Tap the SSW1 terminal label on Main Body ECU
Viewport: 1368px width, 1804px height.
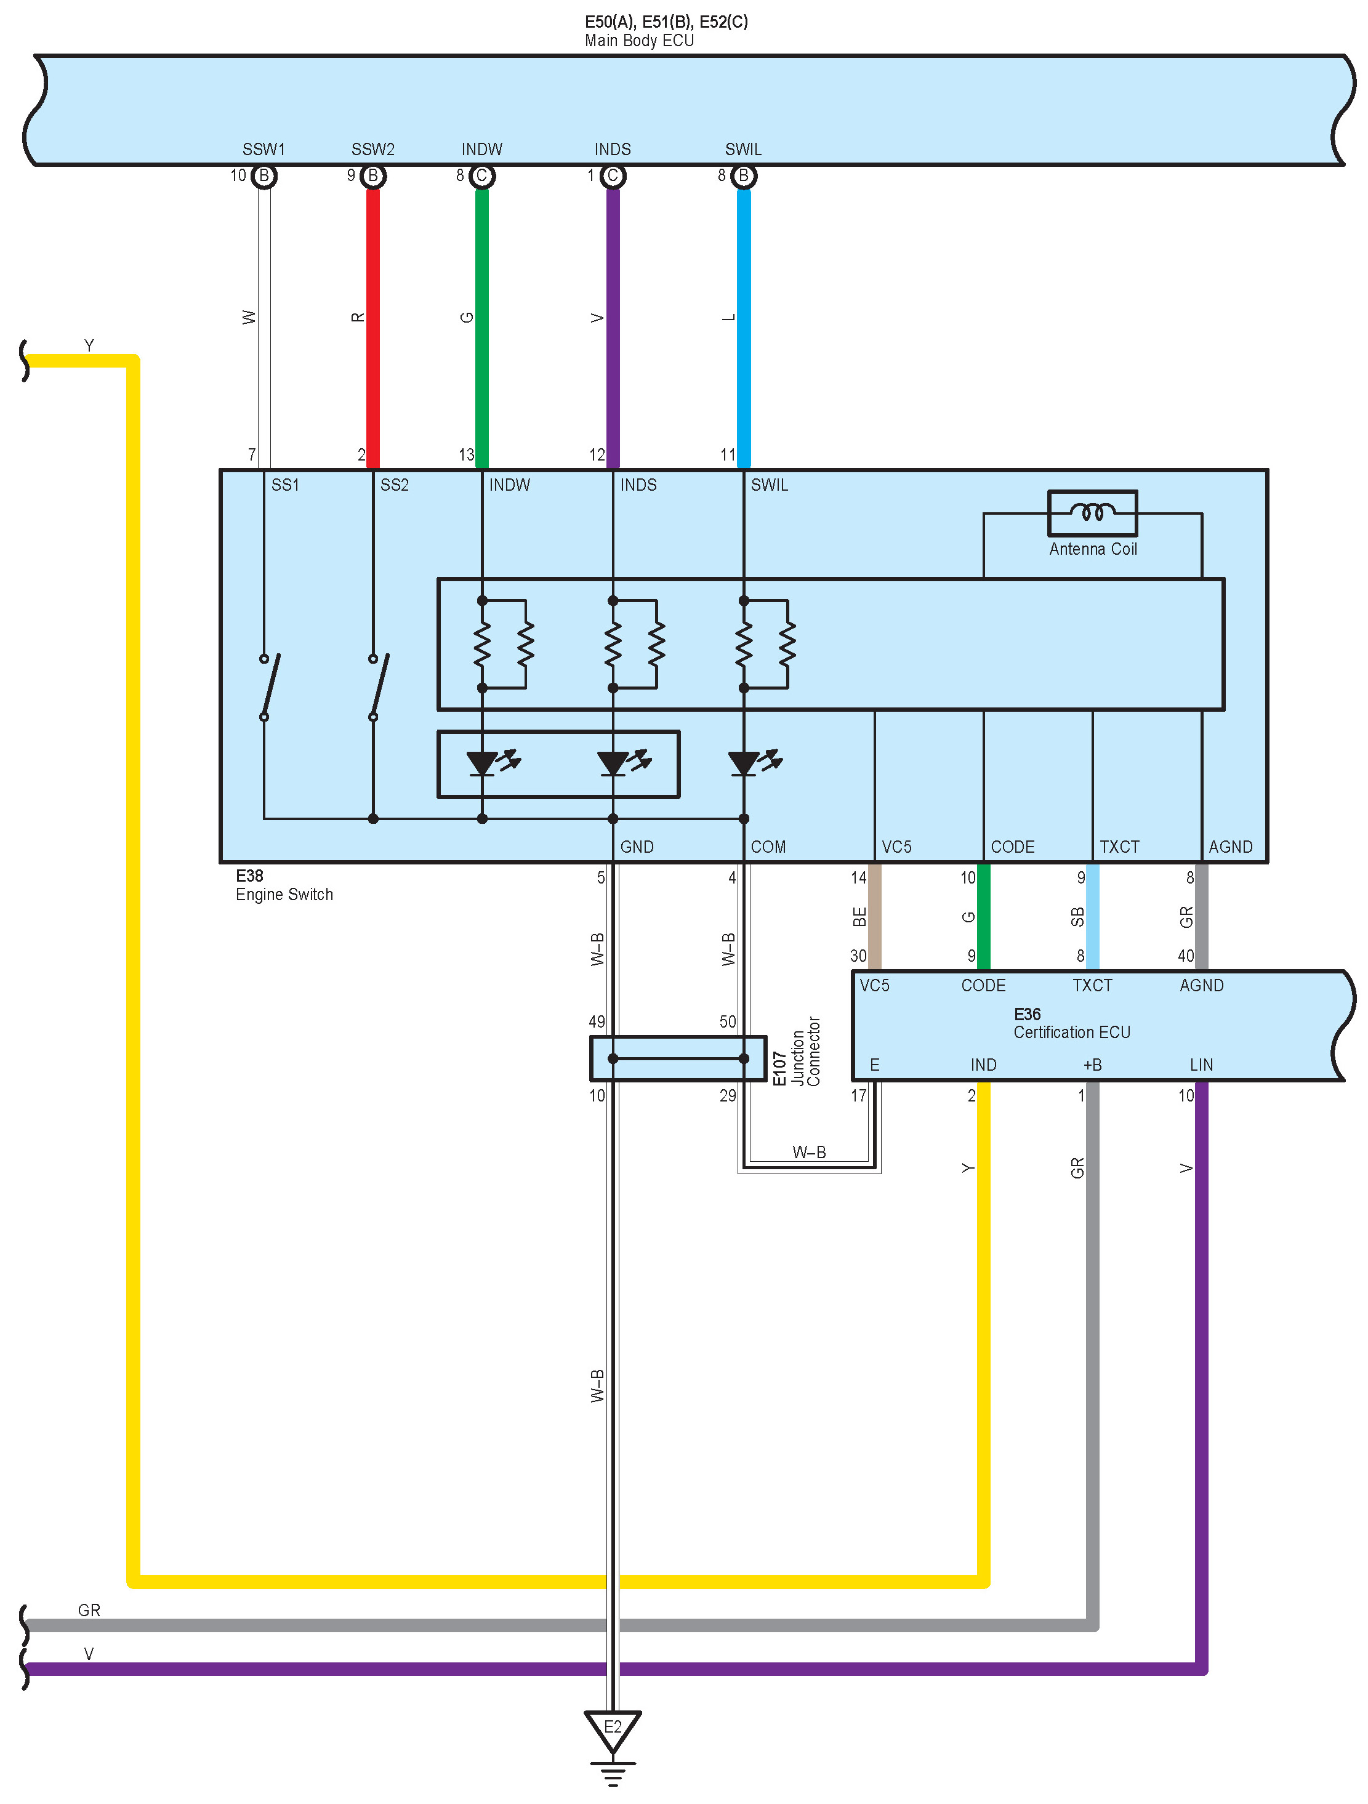[264, 149]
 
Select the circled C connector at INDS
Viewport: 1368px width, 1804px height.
[613, 176]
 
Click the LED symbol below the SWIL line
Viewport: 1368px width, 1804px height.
[744, 763]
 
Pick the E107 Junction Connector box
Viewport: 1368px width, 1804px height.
[677, 1058]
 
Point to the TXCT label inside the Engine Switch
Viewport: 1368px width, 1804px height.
[1119, 847]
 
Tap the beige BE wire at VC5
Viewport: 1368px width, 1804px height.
[874, 917]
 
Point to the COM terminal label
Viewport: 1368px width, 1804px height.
[768, 847]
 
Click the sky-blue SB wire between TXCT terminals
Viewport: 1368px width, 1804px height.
[1092, 917]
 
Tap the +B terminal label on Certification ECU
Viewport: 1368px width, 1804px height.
[1092, 1065]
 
